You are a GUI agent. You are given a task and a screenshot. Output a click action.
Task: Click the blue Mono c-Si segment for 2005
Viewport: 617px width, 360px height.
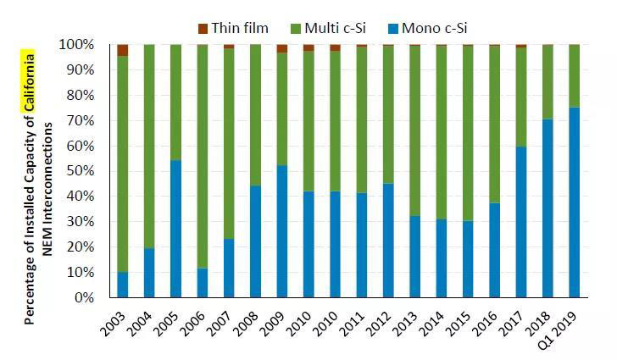(x=175, y=229)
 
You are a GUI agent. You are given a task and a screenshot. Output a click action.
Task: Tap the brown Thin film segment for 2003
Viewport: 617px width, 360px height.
(x=123, y=49)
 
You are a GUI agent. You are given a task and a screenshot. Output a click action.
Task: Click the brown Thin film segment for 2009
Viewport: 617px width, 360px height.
(x=282, y=48)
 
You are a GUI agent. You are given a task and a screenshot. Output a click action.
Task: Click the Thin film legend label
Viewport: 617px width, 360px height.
(x=240, y=29)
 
